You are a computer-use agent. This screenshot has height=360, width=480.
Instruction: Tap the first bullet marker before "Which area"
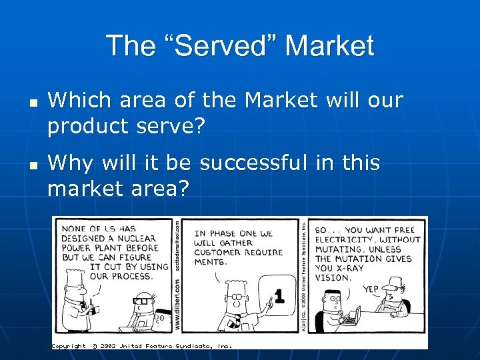coord(32,103)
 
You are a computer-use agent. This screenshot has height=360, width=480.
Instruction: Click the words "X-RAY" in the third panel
coord(347,268)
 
